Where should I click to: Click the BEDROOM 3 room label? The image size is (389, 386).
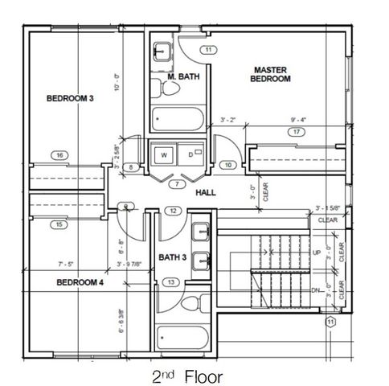pyautogui.click(x=70, y=99)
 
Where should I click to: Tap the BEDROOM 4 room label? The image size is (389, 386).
pyautogui.click(x=80, y=283)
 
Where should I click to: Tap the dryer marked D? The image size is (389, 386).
pyautogui.click(x=190, y=154)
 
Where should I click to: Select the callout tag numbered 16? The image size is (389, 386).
pyautogui.click(x=59, y=155)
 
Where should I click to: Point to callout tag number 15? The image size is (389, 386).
pyautogui.click(x=59, y=225)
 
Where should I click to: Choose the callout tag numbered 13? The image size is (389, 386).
pyautogui.click(x=170, y=282)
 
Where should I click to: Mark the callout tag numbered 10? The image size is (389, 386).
pyautogui.click(x=228, y=166)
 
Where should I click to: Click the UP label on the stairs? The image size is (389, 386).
pyautogui.click(x=316, y=253)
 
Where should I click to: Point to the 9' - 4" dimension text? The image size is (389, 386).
pyautogui.click(x=301, y=121)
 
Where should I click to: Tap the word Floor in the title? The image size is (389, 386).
pyautogui.click(x=201, y=376)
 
